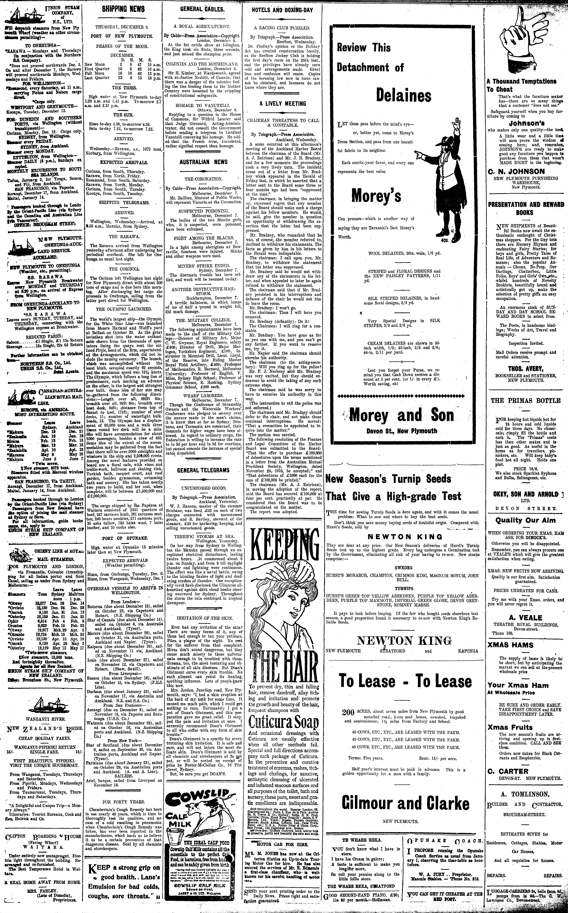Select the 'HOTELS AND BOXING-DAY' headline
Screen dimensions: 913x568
coord(282,10)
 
